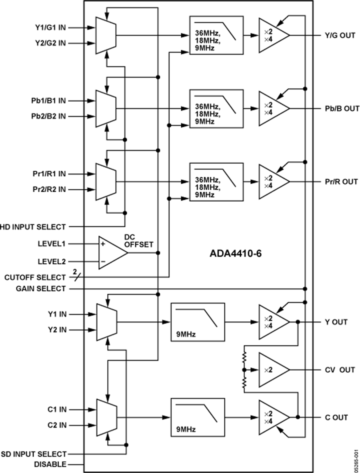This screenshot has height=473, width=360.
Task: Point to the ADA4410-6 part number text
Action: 236,254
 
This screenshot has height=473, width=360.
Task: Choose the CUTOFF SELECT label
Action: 35,277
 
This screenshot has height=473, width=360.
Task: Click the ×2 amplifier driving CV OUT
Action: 272,370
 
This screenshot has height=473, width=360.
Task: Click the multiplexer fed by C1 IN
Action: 106,417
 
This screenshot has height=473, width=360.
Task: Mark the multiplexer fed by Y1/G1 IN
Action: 106,35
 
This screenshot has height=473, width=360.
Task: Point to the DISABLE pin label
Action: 51,465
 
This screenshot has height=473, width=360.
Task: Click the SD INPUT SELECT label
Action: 34,454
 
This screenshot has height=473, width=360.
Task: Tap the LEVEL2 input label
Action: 52,262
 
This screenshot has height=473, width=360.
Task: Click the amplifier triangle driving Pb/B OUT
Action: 272,108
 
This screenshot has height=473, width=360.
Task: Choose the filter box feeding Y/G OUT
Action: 216,35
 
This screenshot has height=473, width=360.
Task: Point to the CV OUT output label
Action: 340,370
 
